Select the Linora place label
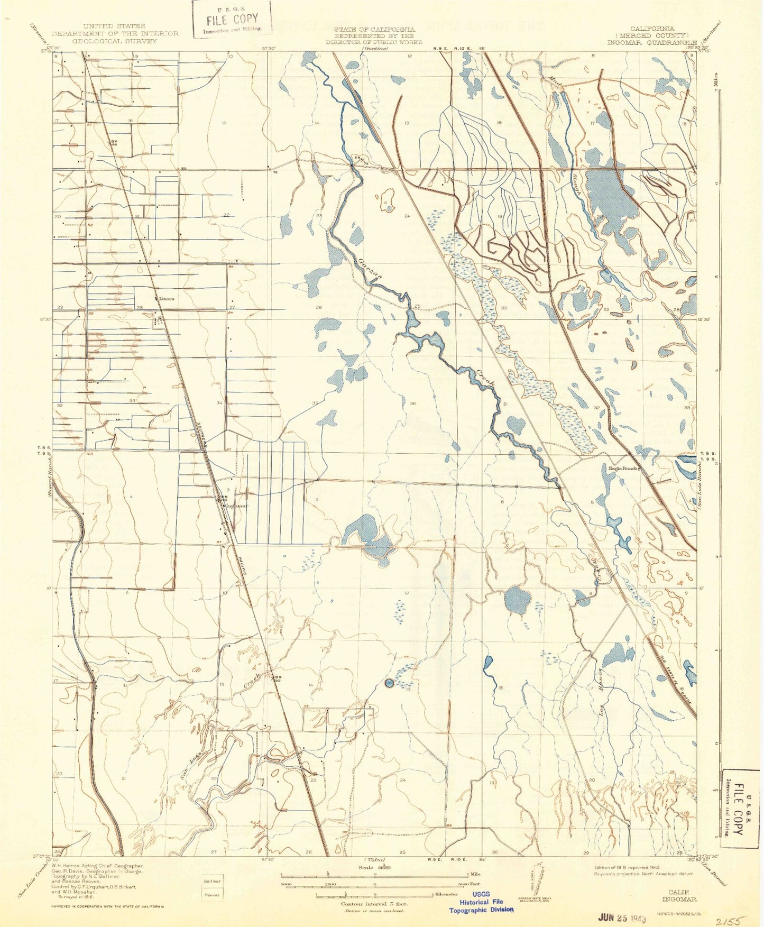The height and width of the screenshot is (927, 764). pos(166,298)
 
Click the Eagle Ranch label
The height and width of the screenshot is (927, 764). pos(622,468)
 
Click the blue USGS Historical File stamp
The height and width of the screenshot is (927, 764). pos(481,902)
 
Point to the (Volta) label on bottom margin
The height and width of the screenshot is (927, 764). pos(374,859)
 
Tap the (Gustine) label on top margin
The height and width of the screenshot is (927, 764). pos(375,49)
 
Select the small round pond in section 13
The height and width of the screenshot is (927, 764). pos(389,683)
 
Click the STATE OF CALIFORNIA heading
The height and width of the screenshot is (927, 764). pos(374,30)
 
